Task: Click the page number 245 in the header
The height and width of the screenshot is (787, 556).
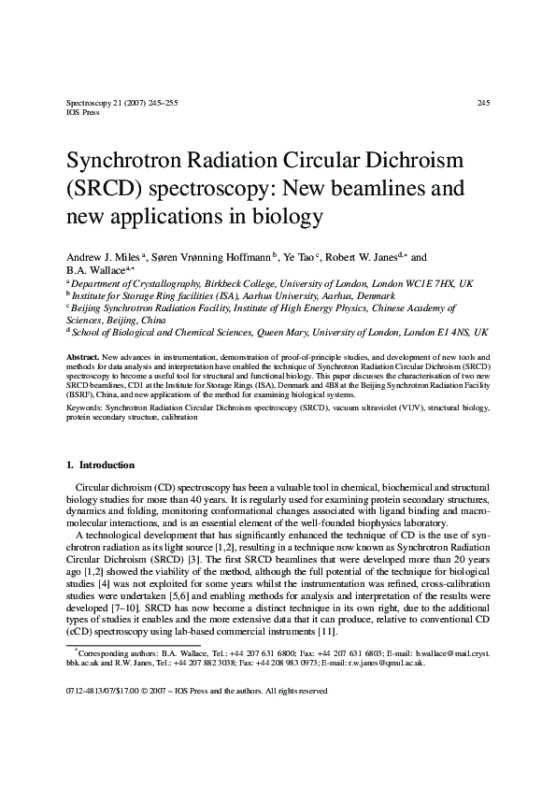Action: point(483,103)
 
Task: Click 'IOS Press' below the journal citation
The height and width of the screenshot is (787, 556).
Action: point(82,111)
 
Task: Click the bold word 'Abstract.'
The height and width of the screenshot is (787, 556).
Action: point(83,358)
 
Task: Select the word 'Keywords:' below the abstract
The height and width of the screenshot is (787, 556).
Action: point(84,408)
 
